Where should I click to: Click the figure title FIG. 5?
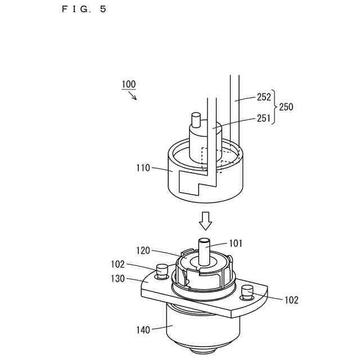pos(84,9)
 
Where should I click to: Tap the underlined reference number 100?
pos(128,84)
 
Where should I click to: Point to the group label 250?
pos(286,107)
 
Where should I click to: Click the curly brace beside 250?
pos(274,107)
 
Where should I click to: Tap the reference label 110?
pos(143,167)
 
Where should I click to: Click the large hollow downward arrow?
pos(206,221)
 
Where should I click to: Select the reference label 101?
pos(236,244)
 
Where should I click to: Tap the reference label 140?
pos(143,330)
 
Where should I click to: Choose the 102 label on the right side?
pos(291,300)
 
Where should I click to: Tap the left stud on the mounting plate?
pos(163,271)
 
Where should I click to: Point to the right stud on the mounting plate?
pos(247,291)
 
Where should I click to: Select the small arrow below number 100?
pos(133,96)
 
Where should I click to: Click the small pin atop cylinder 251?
pos(196,120)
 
